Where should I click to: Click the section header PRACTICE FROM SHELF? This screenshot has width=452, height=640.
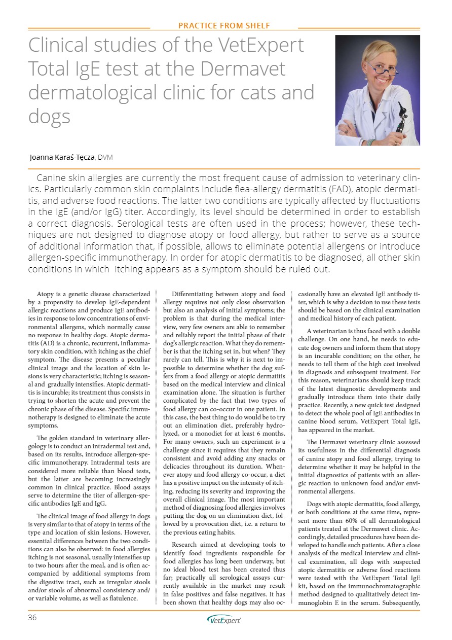pos(224,25)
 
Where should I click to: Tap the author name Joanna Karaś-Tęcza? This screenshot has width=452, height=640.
pos(62,157)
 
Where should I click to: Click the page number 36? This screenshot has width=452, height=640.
pos(33,618)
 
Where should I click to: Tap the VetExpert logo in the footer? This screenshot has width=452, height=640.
pos(224,620)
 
